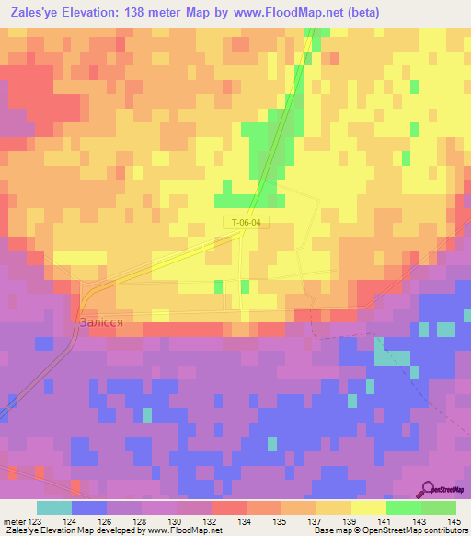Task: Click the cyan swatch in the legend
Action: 54,507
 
